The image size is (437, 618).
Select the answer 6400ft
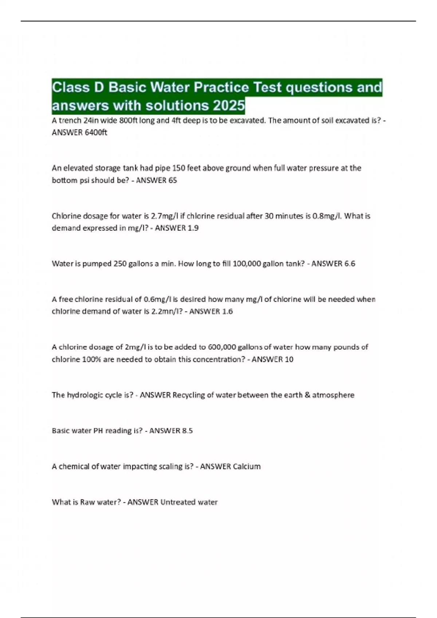pos(96,133)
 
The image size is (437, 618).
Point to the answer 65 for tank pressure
pos(172,180)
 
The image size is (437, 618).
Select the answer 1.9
pos(193,228)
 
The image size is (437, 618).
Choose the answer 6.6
pos(349,264)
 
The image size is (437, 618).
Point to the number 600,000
pos(222,347)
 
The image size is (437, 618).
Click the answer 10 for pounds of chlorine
pos(289,360)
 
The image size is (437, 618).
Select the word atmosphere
pos(333,395)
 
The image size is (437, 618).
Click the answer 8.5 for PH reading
pos(187,431)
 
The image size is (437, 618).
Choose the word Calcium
pos(247,466)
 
